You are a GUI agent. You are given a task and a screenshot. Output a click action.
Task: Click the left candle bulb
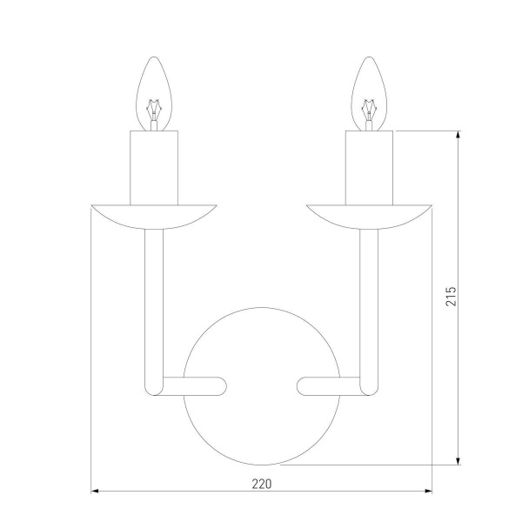[x=155, y=92]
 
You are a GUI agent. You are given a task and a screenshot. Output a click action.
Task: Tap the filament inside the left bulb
[x=155, y=112]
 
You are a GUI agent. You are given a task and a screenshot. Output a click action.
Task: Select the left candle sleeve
[x=154, y=165]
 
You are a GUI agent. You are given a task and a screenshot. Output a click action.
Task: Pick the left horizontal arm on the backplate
[x=196, y=385]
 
